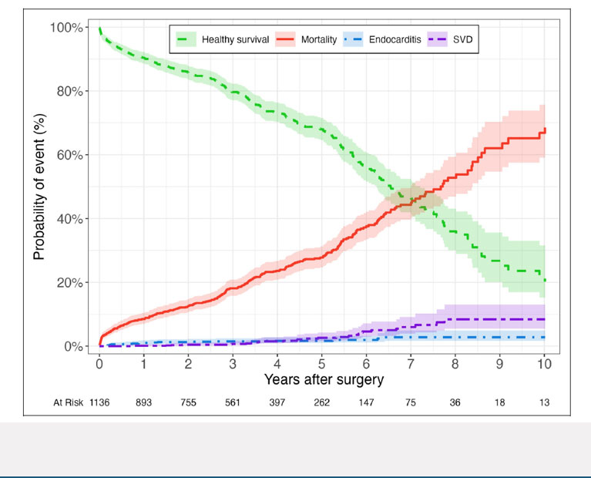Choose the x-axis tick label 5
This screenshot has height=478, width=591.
click(x=321, y=363)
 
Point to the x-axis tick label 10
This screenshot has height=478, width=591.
click(x=544, y=363)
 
